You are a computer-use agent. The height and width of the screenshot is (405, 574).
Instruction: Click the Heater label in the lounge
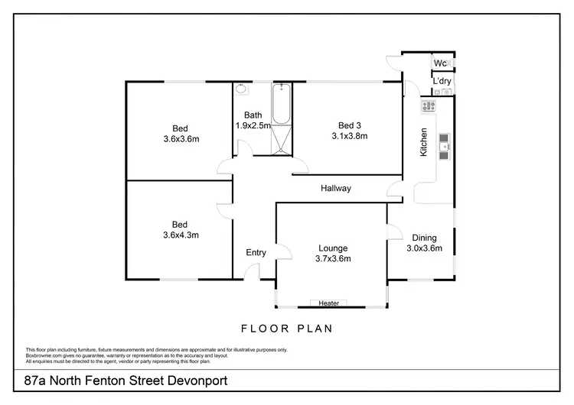click(x=328, y=303)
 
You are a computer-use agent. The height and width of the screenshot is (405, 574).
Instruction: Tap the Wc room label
click(x=440, y=63)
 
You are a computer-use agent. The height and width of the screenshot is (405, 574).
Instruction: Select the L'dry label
click(x=441, y=81)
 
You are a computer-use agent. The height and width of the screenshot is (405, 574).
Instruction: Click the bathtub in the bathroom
click(x=281, y=105)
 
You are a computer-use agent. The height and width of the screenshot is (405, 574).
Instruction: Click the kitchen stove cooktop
click(x=427, y=105)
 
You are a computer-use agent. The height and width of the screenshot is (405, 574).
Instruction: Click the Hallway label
click(x=336, y=188)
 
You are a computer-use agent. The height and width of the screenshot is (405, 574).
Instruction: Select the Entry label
click(x=256, y=253)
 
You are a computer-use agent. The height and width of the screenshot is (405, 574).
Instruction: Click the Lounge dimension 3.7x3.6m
click(x=334, y=258)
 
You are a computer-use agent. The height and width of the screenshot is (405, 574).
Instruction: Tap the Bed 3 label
click(x=350, y=126)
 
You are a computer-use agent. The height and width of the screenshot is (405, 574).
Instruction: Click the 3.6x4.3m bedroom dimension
click(x=181, y=235)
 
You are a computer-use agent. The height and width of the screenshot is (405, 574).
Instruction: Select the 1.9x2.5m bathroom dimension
click(x=253, y=126)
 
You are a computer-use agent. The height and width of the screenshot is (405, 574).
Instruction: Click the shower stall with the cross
click(x=282, y=141)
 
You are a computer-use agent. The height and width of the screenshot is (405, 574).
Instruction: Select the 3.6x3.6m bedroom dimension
click(x=181, y=138)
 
